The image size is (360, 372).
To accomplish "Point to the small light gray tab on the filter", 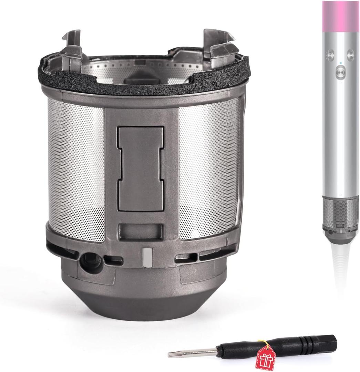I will coord(146,256).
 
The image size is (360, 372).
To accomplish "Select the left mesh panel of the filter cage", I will coord(76,169).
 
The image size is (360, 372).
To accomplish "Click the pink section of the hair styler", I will coord(340,17).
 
